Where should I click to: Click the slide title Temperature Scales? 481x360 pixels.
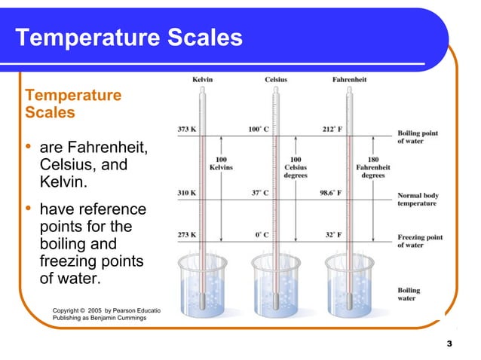(x=129, y=37)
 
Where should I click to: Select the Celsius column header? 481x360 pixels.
(x=275, y=80)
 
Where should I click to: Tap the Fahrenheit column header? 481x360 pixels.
(x=349, y=80)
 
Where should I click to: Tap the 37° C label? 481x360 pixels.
(x=260, y=192)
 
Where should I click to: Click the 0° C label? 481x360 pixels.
(x=262, y=234)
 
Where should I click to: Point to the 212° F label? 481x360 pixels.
(x=332, y=130)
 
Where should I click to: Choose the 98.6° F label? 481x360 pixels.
(x=329, y=192)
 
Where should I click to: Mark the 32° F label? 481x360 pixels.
(x=333, y=234)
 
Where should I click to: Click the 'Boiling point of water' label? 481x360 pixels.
(x=419, y=137)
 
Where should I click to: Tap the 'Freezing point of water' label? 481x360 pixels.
(x=419, y=241)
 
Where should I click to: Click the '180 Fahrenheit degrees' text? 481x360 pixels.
(x=372, y=167)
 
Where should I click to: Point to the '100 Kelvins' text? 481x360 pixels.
(x=222, y=163)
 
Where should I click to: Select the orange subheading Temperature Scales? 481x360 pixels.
(x=72, y=104)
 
